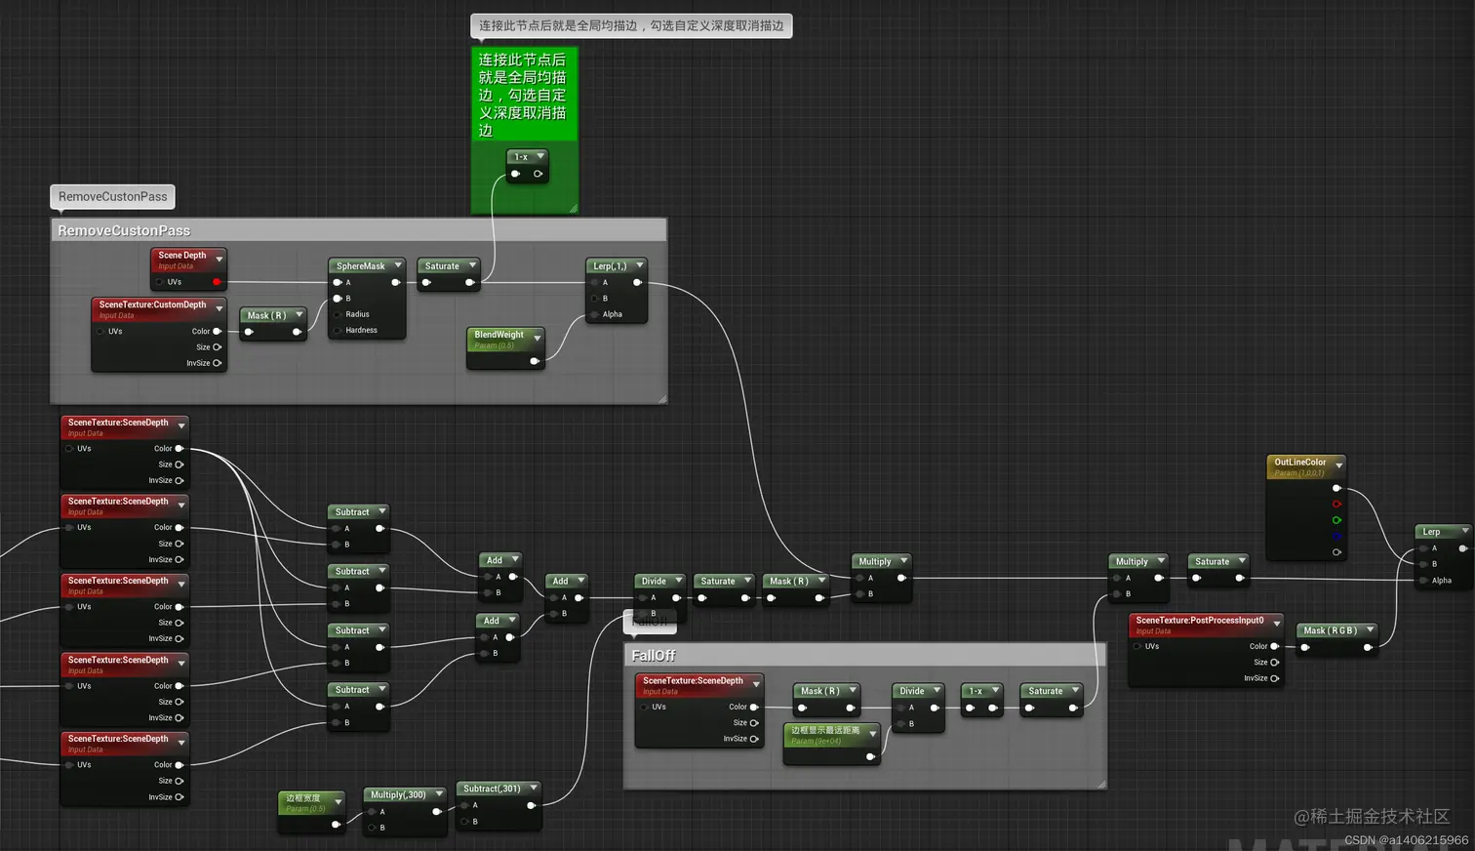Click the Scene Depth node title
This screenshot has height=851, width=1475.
(182, 256)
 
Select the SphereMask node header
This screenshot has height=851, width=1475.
(361, 265)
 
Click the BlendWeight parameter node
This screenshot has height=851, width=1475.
(499, 335)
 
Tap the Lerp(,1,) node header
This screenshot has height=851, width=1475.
(610, 265)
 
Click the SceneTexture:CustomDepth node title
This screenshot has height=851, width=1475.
(153, 304)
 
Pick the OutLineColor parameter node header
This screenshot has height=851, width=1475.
(1300, 463)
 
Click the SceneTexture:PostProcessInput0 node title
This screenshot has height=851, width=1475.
(1199, 620)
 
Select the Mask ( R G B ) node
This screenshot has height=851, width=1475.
(1331, 630)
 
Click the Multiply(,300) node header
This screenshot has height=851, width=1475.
(398, 794)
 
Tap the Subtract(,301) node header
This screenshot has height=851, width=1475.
(492, 789)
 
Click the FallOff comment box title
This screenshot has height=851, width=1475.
(654, 656)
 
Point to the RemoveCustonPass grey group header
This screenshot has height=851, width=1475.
(124, 230)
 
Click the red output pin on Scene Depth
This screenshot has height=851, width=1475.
(217, 282)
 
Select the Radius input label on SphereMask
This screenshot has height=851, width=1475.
(357, 314)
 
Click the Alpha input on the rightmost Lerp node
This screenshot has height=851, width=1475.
(1441, 581)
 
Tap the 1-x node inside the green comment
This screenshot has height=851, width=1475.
(521, 157)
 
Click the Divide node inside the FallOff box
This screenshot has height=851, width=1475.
(912, 691)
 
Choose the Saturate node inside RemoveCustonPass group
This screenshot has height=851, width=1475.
(442, 265)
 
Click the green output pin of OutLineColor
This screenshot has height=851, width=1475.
(1336, 520)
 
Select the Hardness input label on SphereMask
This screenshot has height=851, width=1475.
(361, 330)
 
